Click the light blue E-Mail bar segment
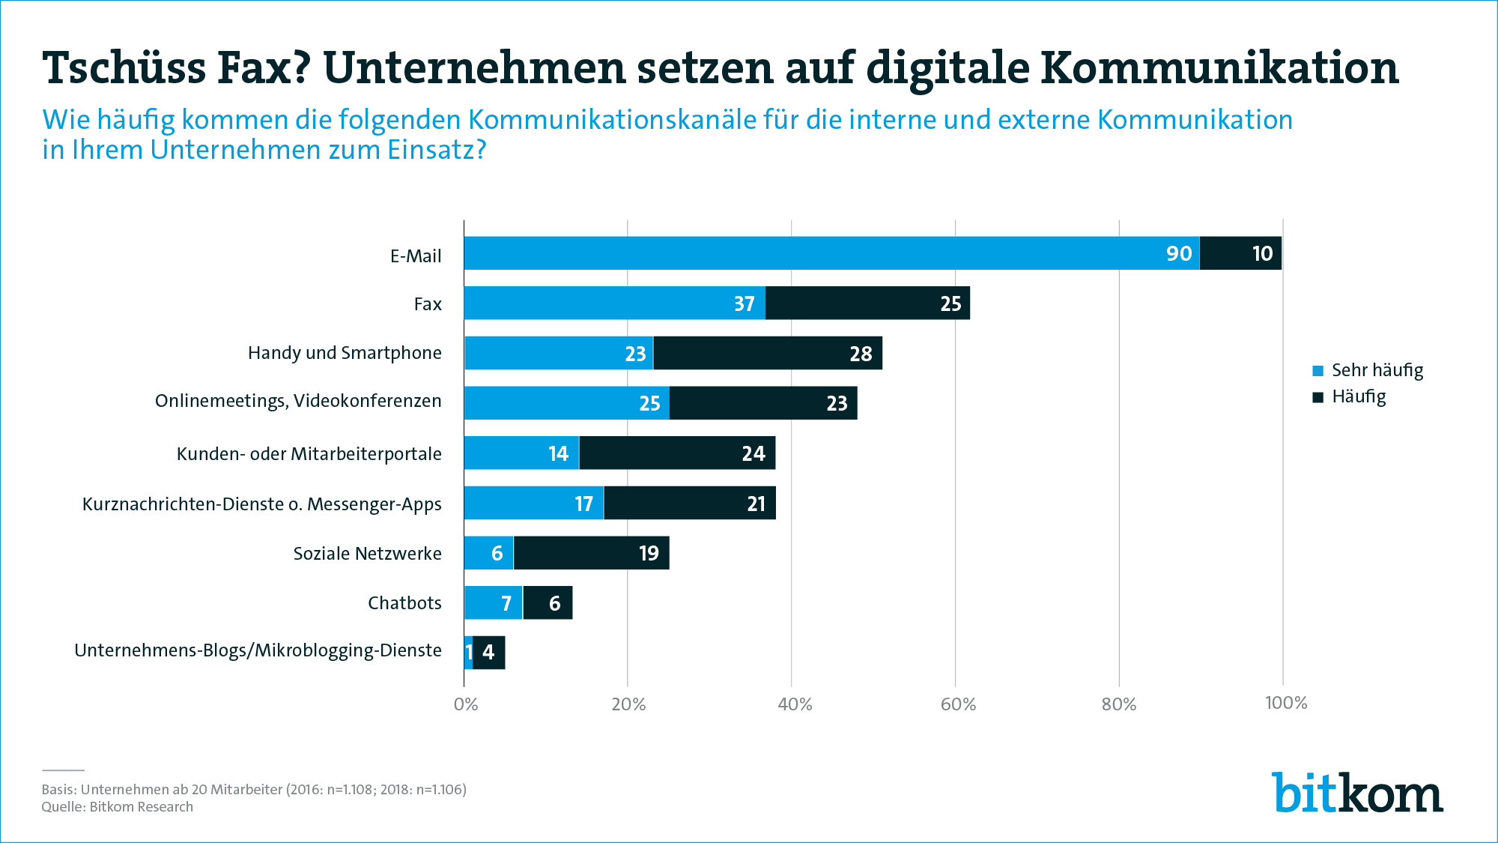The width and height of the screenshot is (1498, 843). pos(831,253)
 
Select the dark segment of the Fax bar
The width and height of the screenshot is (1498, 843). pos(867,303)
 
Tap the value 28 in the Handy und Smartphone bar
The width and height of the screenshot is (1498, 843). pos(861,354)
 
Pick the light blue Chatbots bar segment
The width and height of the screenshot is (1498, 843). pos(493,602)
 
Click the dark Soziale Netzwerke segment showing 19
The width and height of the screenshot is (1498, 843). pos(591,553)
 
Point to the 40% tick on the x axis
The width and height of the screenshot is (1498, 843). pos(794,704)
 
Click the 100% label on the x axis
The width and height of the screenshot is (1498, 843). pos(1285,703)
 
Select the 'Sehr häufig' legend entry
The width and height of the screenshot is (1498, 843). pos(1368,370)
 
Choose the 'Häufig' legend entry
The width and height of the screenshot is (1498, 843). pos(1349,396)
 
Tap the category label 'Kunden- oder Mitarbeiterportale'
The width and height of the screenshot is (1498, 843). pos(309,454)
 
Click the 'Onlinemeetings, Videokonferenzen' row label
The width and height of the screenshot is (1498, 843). pos(298,401)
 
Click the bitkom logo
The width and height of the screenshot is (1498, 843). pos(1356,793)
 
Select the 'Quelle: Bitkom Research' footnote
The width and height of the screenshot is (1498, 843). pos(118,807)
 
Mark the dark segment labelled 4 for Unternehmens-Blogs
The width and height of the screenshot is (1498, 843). pos(489,652)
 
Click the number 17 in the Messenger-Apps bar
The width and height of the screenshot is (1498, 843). pos(583,504)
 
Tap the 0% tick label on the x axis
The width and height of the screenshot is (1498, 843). pos(466,704)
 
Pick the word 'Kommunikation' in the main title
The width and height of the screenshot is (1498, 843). pos(1219,67)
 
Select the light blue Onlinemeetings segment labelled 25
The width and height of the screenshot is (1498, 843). pos(566,403)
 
